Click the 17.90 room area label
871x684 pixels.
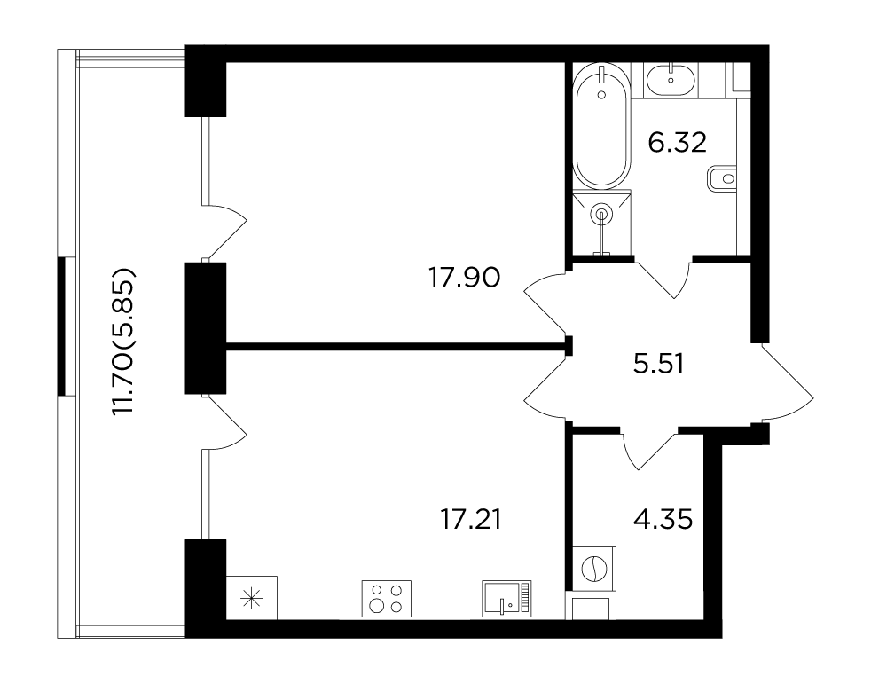click(465, 278)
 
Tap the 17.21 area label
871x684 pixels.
click(470, 520)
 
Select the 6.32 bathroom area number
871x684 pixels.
click(677, 143)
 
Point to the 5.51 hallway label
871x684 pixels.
click(658, 365)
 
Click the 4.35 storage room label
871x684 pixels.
click(663, 520)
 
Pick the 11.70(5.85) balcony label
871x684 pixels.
click(123, 342)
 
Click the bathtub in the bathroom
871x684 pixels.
click(601, 127)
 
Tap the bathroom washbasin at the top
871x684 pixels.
click(671, 80)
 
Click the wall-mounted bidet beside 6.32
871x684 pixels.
click(722, 179)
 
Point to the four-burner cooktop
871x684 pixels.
click(387, 599)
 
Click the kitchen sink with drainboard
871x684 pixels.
click(506, 599)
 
